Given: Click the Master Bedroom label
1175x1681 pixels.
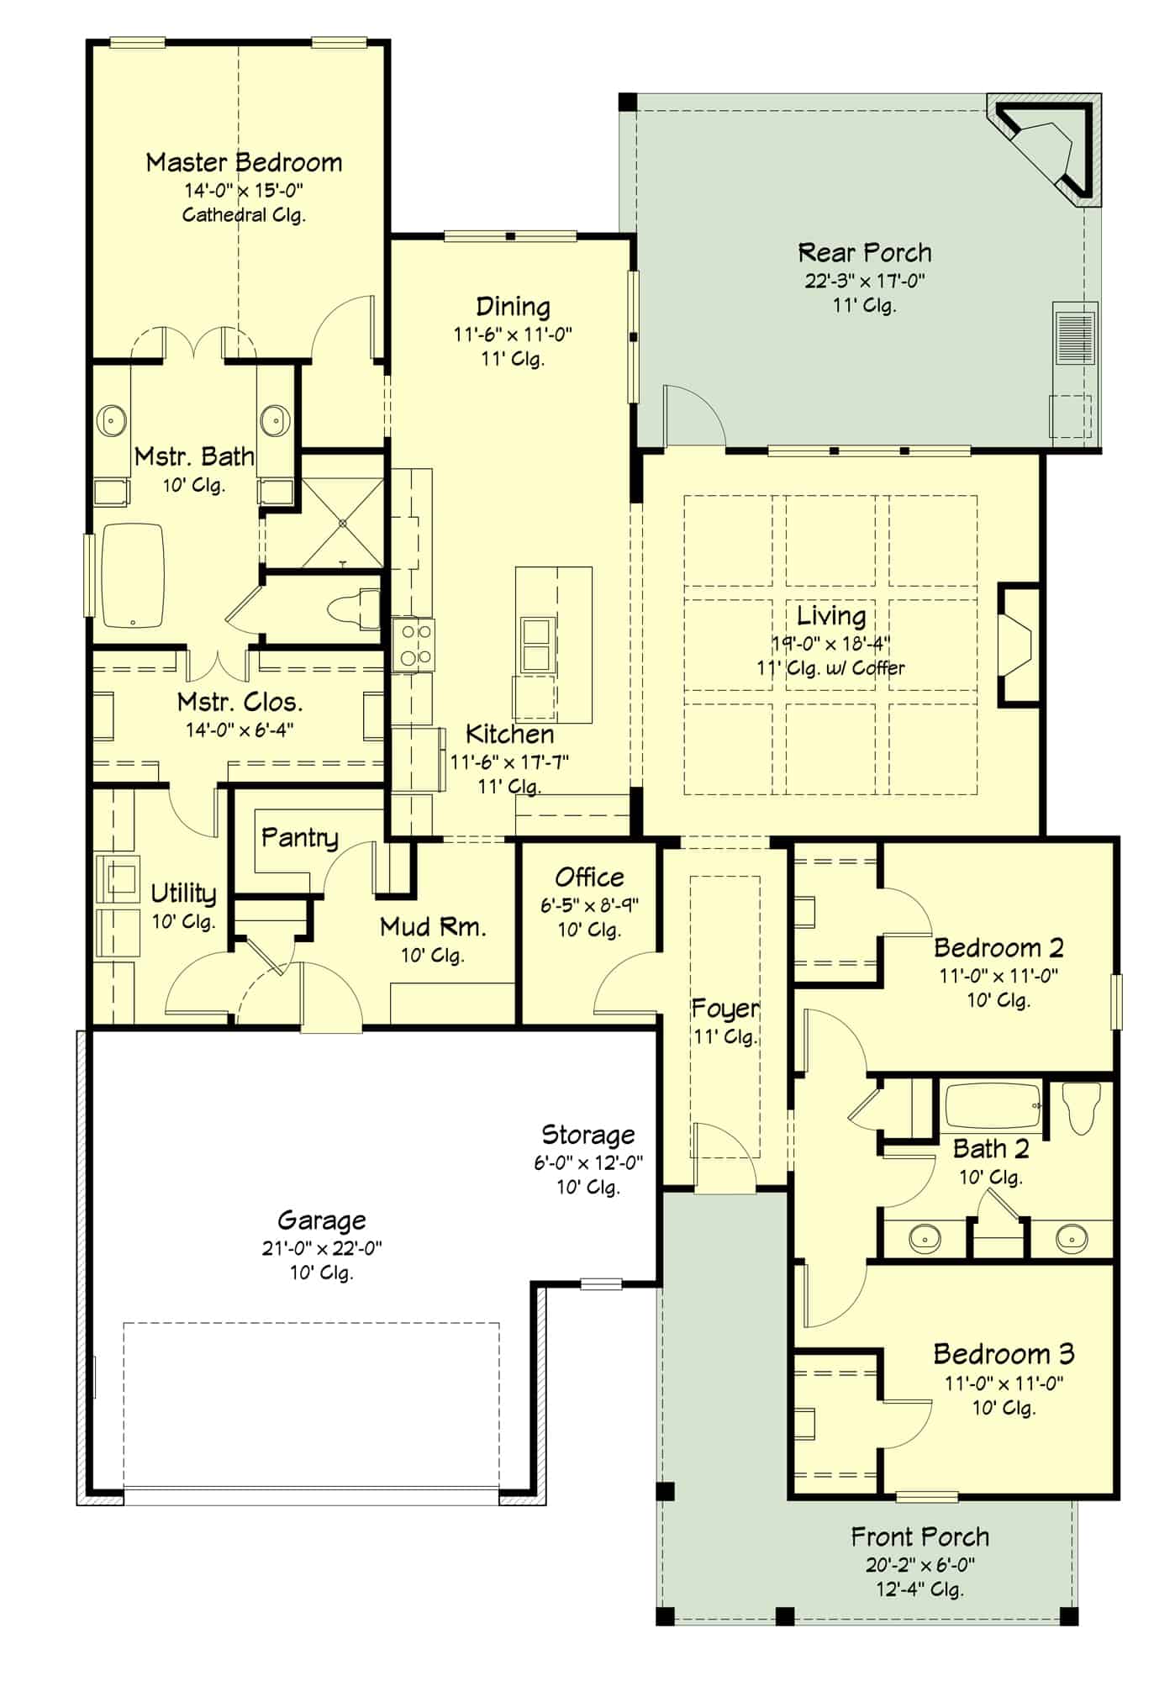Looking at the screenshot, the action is pyautogui.click(x=244, y=162).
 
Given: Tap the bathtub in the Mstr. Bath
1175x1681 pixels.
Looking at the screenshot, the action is pyautogui.click(x=133, y=576).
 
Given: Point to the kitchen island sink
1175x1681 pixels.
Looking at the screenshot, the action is pyautogui.click(x=537, y=645).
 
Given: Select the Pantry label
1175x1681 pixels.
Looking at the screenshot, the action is pyautogui.click(x=299, y=837).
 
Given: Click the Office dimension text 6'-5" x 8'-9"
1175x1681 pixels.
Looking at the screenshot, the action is pyautogui.click(x=589, y=905).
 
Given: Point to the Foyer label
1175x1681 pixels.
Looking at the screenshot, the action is pyautogui.click(x=725, y=1008).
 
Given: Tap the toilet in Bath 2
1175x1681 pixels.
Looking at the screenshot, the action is pyautogui.click(x=1082, y=1106).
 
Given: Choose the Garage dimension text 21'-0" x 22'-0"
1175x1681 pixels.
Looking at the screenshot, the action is pyautogui.click(x=322, y=1248).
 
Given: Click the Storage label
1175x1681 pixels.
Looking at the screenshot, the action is pyautogui.click(x=588, y=1135).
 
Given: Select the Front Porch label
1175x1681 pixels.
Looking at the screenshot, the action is pyautogui.click(x=919, y=1537).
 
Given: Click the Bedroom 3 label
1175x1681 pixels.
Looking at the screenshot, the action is pyautogui.click(x=1004, y=1354).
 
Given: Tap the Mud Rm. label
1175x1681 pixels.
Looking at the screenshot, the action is pyautogui.click(x=433, y=927).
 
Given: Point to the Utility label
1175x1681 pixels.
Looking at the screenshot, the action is pyautogui.click(x=183, y=893).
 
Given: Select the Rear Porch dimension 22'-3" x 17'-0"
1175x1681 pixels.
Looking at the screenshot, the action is pyautogui.click(x=865, y=281).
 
